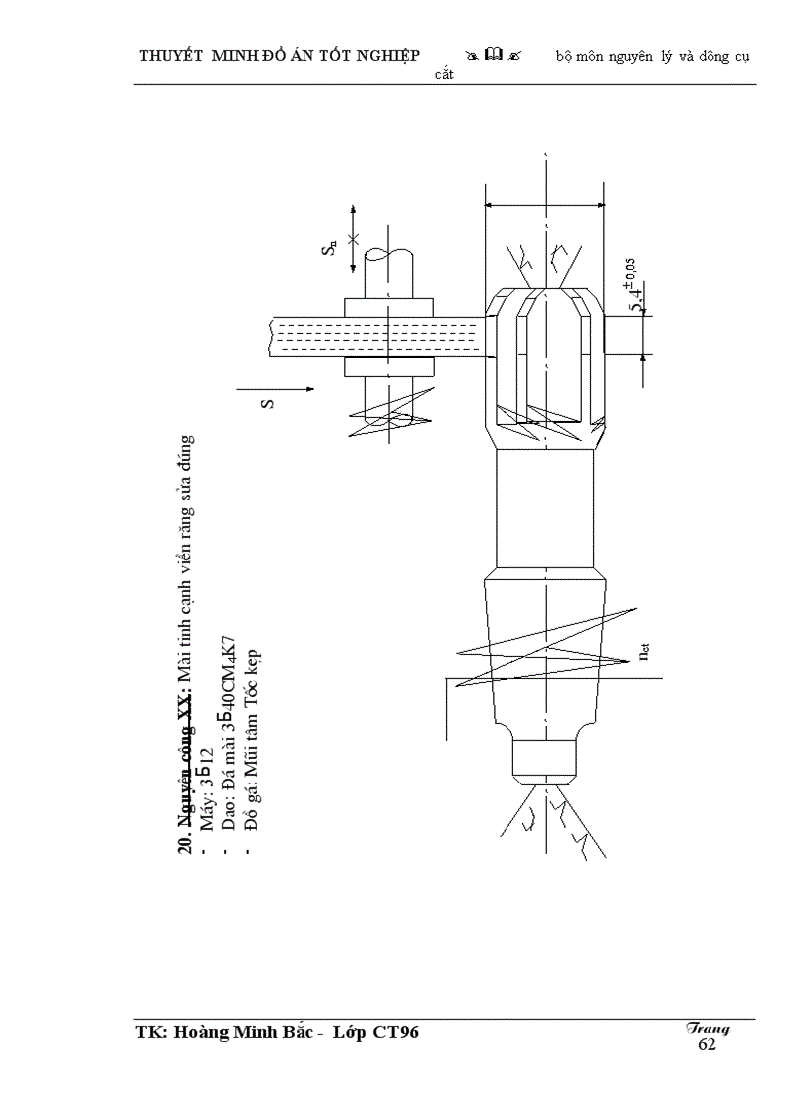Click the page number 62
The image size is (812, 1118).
[707, 1044]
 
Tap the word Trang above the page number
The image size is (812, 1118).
[708, 1029]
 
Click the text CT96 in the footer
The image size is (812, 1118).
[395, 1033]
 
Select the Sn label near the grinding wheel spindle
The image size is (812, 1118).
[330, 248]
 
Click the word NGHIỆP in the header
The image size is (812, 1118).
[383, 56]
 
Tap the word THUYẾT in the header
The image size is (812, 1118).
[172, 56]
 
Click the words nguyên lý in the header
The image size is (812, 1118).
[652, 56]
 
